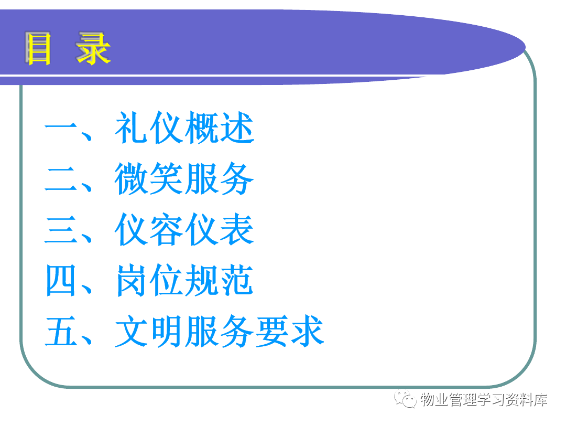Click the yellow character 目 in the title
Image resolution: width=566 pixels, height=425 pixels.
(38, 48)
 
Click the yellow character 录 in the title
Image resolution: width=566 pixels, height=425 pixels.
(93, 48)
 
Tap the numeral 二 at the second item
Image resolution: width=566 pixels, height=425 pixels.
(61, 179)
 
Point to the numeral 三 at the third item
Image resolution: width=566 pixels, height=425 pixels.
(61, 230)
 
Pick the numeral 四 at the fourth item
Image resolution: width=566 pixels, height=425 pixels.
(61, 280)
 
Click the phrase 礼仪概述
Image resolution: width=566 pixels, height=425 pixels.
(184, 127)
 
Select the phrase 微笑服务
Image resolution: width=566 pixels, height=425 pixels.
(184, 178)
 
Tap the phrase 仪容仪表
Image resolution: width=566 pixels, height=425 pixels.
(184, 229)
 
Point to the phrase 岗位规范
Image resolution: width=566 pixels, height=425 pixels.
(184, 280)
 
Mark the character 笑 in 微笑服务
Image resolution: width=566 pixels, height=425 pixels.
(167, 178)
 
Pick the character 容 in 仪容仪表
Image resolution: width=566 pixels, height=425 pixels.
(167, 229)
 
